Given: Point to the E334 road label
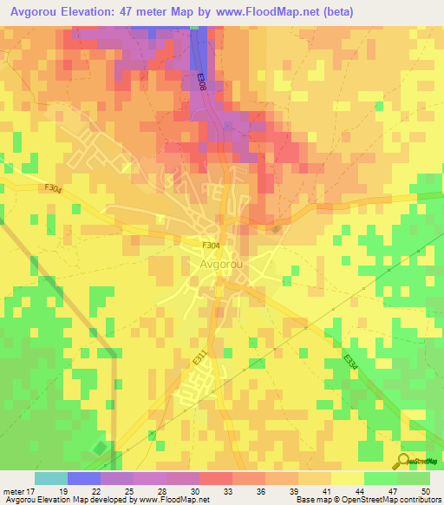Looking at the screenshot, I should point(350,363).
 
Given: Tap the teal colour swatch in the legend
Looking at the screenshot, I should point(50,478).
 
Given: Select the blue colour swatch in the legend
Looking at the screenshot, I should point(83,478).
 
